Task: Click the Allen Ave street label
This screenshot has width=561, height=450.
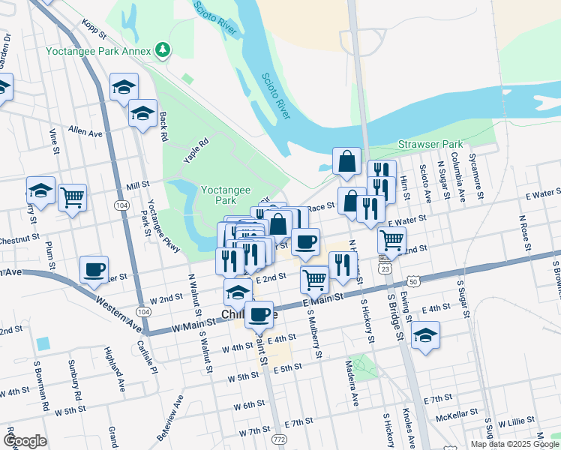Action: pyautogui.click(x=85, y=131)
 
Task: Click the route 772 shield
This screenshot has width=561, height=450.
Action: pyautogui.click(x=280, y=438)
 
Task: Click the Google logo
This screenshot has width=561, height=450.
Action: pyautogui.click(x=25, y=440)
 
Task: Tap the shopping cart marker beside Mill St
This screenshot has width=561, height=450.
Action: pyautogui.click(x=72, y=197)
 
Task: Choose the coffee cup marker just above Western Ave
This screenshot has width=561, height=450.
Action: pyautogui.click(x=94, y=269)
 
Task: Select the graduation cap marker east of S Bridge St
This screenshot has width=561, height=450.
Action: pyautogui.click(x=425, y=334)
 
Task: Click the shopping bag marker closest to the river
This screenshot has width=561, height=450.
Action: pyautogui.click(x=346, y=160)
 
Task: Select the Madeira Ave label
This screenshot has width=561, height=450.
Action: pyautogui.click(x=353, y=391)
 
